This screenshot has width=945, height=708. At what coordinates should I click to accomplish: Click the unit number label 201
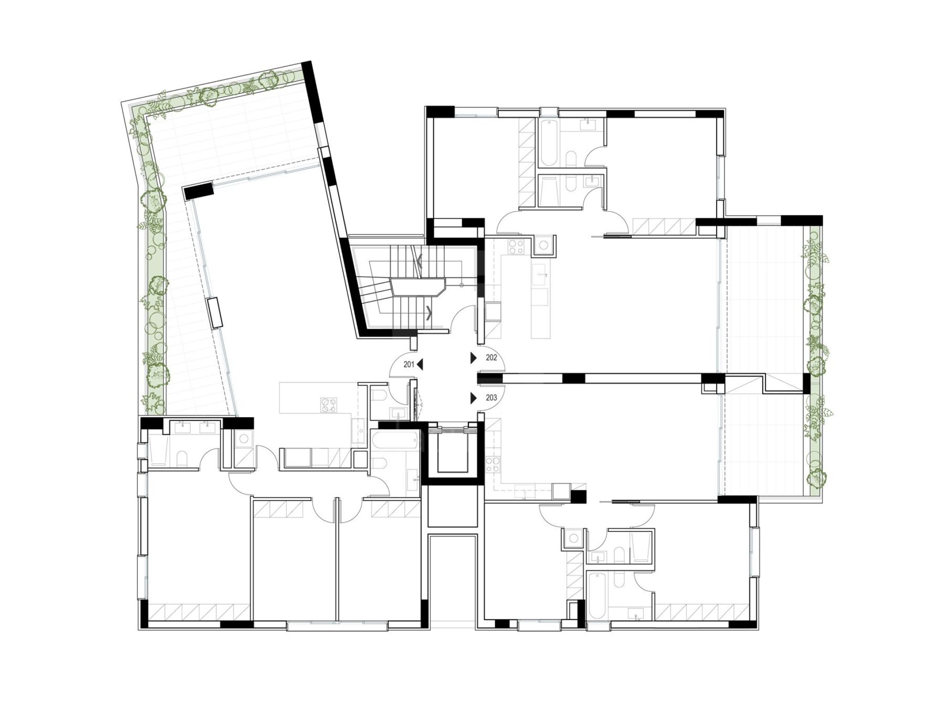pos(409,365)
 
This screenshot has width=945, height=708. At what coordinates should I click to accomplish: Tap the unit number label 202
pos(491,357)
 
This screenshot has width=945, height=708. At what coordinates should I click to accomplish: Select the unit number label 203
pos(491,397)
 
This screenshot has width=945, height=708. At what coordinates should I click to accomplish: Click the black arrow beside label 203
pos(473,398)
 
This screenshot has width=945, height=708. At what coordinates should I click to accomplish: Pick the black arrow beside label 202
pos(473,358)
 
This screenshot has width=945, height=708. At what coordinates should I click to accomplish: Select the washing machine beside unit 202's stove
pos(544,245)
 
